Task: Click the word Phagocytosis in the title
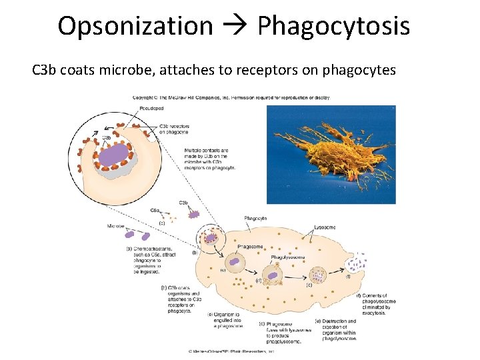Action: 333,26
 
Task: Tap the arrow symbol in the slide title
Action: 235,27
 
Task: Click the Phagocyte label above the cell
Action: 255,219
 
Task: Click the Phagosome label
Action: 250,247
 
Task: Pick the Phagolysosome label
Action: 288,257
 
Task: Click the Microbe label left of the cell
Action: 115,226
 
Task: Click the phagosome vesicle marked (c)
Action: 234,265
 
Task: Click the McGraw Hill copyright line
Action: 231,97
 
